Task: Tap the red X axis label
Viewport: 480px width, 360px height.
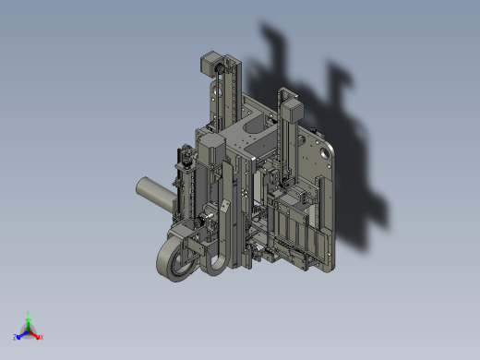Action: click(x=42, y=337)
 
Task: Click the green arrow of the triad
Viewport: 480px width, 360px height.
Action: click(x=29, y=322)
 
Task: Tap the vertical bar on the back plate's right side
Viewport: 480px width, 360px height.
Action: click(x=318, y=203)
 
